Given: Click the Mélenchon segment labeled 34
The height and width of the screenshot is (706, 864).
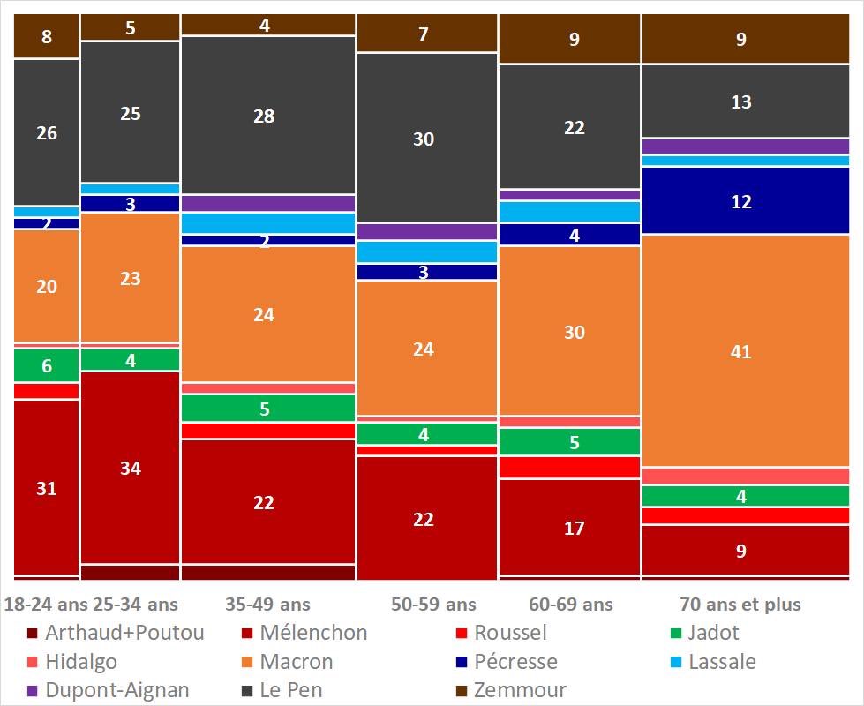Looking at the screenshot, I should coord(130,468).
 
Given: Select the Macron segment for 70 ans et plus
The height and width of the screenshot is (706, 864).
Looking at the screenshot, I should coord(740,350).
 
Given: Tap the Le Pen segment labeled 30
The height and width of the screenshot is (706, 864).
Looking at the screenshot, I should coord(424,138).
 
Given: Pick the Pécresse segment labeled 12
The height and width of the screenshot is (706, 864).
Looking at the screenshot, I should coord(740,201).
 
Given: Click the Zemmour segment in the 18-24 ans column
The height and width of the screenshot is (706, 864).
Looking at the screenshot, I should coord(47,37).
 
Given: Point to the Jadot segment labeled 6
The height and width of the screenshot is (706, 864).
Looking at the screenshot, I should coord(47,366).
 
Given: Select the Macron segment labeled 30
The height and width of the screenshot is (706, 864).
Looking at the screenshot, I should coord(575,331).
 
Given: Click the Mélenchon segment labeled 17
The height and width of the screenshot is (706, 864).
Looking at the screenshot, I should coord(575,528).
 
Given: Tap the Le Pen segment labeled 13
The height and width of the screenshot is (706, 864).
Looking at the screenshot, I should coord(740,101).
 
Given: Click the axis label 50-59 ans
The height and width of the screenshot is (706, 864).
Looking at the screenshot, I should coord(433,605).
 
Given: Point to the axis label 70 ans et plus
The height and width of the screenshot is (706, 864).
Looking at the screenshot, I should coord(740,605).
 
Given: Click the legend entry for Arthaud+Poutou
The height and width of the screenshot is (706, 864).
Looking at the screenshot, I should coord(115,633).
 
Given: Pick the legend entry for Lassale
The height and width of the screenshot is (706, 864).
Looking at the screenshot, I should coord(712,662).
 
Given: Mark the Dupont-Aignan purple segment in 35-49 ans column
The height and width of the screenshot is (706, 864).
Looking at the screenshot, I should coord(267,203).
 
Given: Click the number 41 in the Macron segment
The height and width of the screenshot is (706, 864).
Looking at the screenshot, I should coord(740,352).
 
